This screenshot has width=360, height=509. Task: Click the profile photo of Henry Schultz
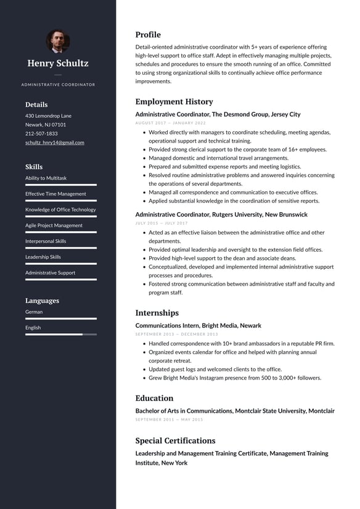point(58,41)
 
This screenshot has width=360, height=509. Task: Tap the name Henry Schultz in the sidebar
point(58,63)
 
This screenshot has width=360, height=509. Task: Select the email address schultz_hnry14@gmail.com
point(55,143)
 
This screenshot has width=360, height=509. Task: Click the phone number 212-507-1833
point(41,133)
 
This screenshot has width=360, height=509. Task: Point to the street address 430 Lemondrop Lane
point(48,116)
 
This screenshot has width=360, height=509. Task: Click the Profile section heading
point(148,35)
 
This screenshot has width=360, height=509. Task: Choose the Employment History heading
point(174,102)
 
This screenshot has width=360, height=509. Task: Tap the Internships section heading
point(157,313)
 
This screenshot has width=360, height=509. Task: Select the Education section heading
point(154,398)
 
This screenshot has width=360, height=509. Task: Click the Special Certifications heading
point(175,441)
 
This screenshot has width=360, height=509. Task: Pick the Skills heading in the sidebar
point(34,167)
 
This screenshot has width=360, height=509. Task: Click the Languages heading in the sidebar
point(42,300)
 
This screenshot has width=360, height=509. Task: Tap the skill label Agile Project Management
point(54,225)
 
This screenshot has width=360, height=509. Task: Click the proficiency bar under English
point(60,334)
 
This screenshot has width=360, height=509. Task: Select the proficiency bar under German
point(60,318)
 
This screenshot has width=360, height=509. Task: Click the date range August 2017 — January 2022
point(170,123)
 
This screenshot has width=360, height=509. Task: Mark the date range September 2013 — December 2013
point(176,334)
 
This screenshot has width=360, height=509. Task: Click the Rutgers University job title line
point(221,215)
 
